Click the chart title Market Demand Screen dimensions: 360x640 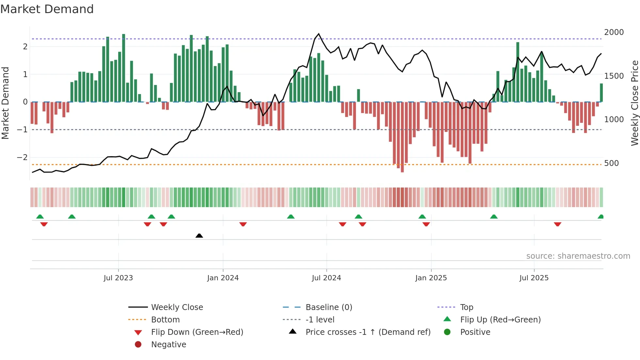pyautogui.click(x=47, y=9)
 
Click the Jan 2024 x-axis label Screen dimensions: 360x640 pyautogui.click(x=223, y=278)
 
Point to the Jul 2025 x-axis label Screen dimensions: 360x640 pyautogui.click(x=534, y=278)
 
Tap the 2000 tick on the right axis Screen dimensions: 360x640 pyautogui.click(x=614, y=32)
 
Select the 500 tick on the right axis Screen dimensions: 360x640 pyautogui.click(x=611, y=163)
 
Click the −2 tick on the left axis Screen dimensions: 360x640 pyautogui.click(x=22, y=157)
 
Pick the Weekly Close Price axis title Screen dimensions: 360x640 pyautogui.click(x=634, y=103)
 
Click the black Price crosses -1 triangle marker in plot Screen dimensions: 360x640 pyautogui.click(x=199, y=236)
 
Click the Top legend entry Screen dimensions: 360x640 pyautogui.click(x=466, y=307)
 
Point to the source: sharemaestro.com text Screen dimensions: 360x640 pyautogui.click(x=578, y=256)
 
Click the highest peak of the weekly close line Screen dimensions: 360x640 pyautogui.click(x=319, y=34)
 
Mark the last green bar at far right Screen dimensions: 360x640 pyautogui.click(x=601, y=93)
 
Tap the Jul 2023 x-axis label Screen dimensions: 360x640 pyautogui.click(x=118, y=278)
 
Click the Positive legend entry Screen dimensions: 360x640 pyautogui.click(x=475, y=332)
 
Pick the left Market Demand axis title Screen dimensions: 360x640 pyautogui.click(x=6, y=103)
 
